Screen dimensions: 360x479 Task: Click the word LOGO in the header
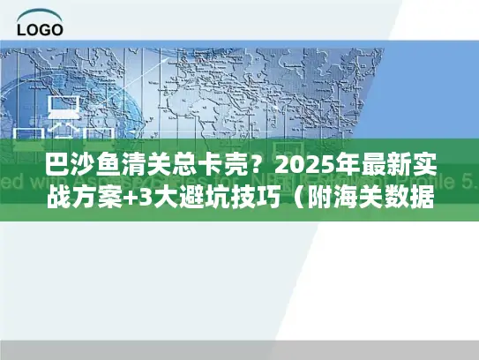[40, 28]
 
